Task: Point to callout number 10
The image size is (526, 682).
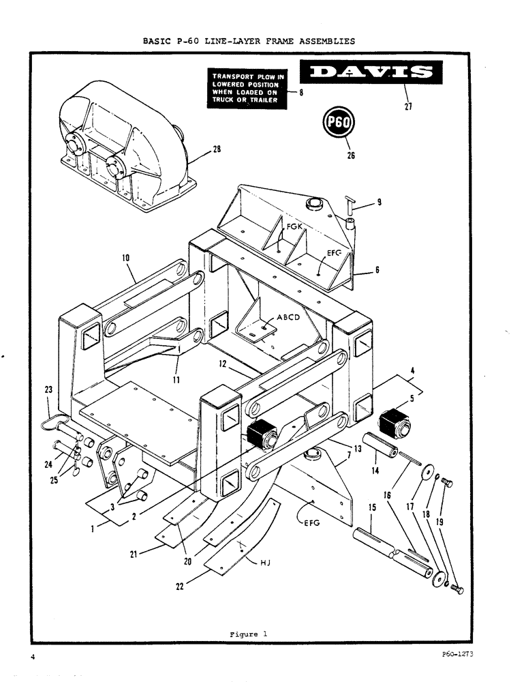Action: [x=126, y=258]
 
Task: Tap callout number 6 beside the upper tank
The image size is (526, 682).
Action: [x=376, y=270]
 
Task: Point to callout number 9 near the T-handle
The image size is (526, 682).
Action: [x=379, y=202]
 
